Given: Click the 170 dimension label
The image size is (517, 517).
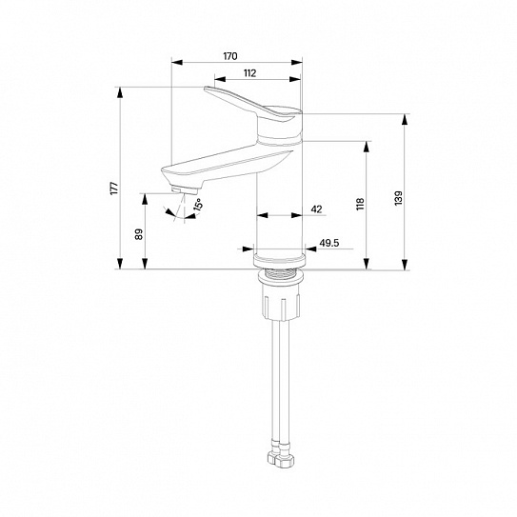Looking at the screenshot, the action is [230, 56].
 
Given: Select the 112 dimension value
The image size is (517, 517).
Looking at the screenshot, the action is [249, 73].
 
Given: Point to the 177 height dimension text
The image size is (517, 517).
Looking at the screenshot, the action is [114, 189].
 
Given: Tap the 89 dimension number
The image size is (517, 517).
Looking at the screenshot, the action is [139, 234].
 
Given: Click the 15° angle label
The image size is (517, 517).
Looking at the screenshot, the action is [198, 205].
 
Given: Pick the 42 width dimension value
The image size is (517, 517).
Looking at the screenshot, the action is [316, 209].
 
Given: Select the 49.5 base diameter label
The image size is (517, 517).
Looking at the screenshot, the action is [329, 243].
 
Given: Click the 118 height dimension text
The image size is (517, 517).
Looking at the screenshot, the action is [360, 204].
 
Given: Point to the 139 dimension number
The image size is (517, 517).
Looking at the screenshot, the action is [399, 198].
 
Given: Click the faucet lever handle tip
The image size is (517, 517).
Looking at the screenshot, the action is [206, 89].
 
